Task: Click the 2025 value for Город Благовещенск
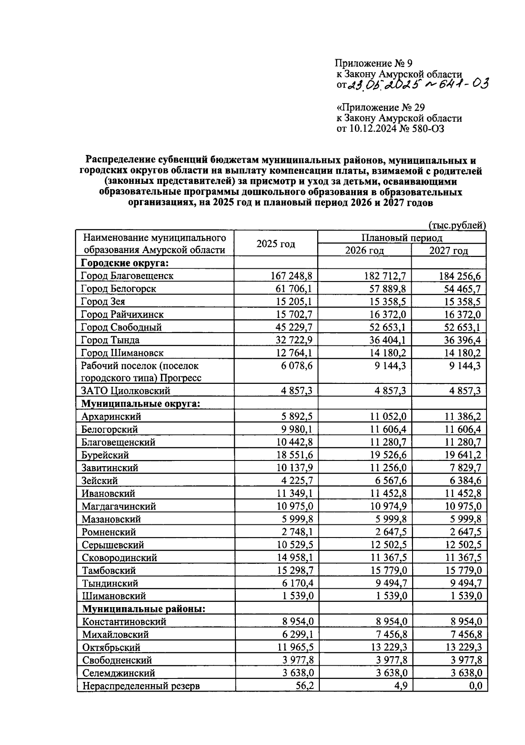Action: click(292, 276)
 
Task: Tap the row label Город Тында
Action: click(110, 340)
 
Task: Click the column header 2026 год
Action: click(364, 250)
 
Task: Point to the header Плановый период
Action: click(401, 238)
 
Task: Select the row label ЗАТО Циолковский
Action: click(126, 391)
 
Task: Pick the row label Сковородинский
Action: click(119, 557)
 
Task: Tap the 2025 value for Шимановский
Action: click(300, 596)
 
